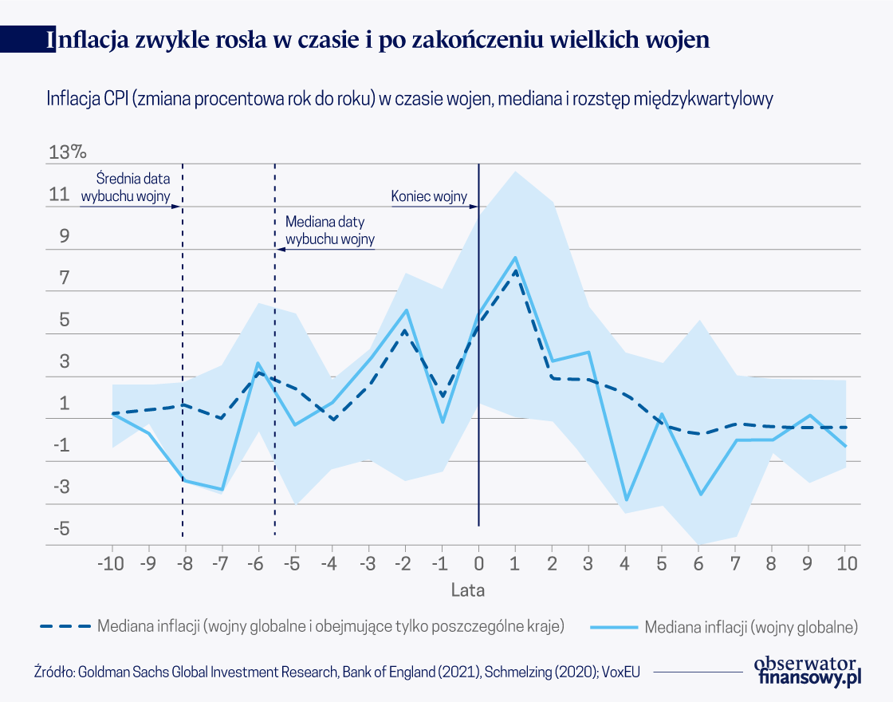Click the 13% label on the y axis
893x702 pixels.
[67, 152]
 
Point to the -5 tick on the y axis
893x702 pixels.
[61, 527]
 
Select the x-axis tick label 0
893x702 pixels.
[478, 562]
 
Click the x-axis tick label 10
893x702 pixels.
[847, 562]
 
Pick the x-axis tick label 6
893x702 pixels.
[699, 562]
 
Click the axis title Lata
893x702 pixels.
[468, 591]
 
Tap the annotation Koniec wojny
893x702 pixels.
[429, 196]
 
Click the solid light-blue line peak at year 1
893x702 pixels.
[515, 258]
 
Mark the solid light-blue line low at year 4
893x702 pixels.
[626, 499]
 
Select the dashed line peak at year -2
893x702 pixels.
[405, 330]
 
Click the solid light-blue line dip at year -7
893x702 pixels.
[222, 489]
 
